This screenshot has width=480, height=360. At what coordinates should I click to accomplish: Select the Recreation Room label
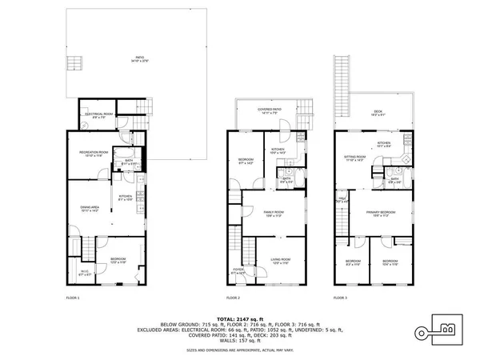[x=94, y=154]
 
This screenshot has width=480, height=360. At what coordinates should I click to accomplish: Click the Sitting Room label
[x=354, y=158]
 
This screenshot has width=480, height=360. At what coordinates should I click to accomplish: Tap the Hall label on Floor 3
[x=342, y=200]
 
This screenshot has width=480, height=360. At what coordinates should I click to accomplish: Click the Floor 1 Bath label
[x=129, y=162]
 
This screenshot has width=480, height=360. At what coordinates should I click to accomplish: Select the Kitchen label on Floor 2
[x=277, y=150]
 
